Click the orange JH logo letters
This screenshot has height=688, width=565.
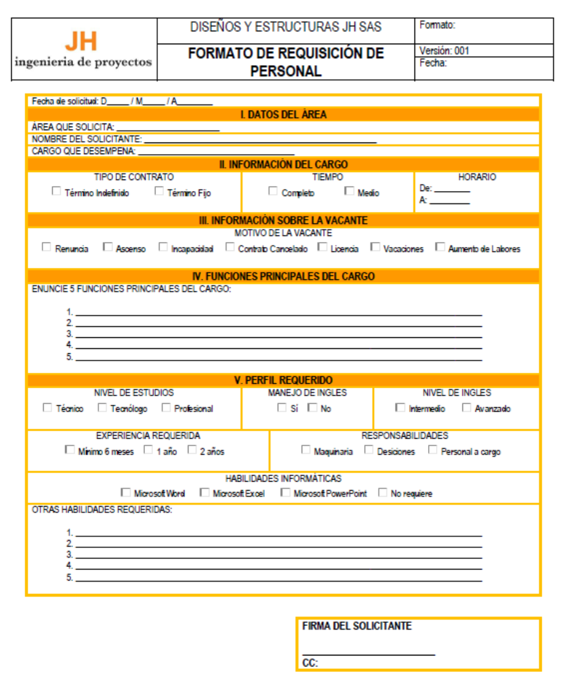[81, 41]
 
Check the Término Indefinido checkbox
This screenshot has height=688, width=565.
[56, 192]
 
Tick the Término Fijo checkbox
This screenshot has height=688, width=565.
[159, 192]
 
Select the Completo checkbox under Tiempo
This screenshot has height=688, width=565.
[273, 192]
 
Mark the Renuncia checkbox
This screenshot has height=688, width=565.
[46, 248]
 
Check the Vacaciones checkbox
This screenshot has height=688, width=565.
[375, 248]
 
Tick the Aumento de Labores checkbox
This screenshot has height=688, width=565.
[440, 248]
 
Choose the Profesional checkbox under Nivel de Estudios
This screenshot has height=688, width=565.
[166, 407]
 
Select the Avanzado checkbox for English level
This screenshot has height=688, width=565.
[467, 407]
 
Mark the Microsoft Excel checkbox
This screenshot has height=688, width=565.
[205, 493]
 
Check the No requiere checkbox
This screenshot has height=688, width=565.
[383, 493]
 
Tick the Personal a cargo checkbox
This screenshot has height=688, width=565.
[432, 450]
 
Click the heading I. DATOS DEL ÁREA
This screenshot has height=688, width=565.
[283, 115]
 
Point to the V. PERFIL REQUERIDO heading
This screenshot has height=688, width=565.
[283, 381]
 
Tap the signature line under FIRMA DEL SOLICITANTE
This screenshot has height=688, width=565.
[368, 654]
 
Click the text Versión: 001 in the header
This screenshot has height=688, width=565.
[444, 51]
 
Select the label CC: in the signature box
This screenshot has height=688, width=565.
[310, 663]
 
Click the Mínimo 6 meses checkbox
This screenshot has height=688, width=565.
[69, 450]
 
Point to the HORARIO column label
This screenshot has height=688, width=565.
[477, 178]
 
